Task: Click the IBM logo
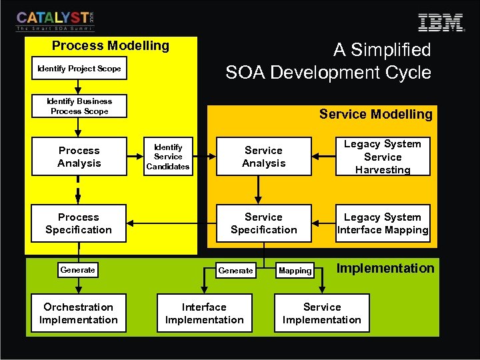click(441, 22)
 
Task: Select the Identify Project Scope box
click(79, 69)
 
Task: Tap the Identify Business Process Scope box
click(79, 106)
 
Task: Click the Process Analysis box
click(79, 157)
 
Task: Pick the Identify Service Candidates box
click(168, 157)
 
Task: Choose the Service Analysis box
click(263, 157)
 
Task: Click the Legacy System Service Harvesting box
click(383, 157)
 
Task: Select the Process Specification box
click(79, 223)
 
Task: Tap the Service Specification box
click(263, 223)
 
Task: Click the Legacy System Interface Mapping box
click(383, 223)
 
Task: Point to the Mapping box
click(295, 271)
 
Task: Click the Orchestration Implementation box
click(79, 313)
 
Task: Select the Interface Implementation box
click(204, 313)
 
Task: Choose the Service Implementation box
click(322, 313)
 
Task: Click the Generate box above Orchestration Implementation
click(77, 270)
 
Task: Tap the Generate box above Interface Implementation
click(235, 271)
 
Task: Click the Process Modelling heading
click(111, 46)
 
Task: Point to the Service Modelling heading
click(375, 114)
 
